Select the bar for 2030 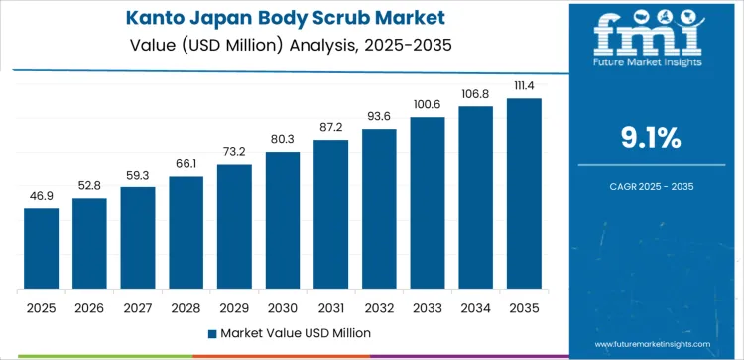283,219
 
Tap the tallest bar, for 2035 524,193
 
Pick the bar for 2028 186,232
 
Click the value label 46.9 41,197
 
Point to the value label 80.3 283,140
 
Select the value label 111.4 524,86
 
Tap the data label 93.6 379,117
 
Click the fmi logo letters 657,34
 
